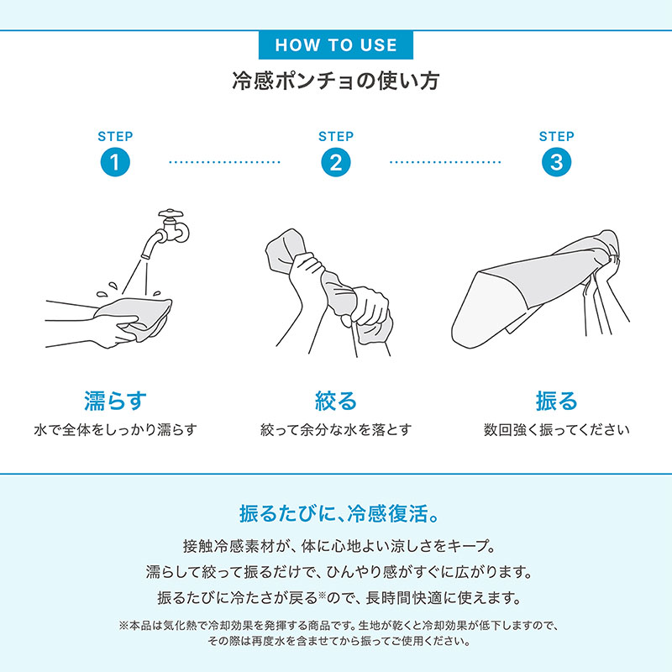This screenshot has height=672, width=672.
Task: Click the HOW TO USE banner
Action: click(x=335, y=45)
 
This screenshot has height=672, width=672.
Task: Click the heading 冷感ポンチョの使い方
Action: click(x=335, y=81)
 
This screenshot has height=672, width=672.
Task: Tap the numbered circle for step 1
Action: click(x=115, y=162)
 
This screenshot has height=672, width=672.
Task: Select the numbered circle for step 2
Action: click(x=336, y=162)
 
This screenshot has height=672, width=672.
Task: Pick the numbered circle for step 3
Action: click(x=556, y=162)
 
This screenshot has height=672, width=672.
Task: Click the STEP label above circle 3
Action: click(x=556, y=136)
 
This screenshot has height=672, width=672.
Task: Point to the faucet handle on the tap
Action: click(x=171, y=213)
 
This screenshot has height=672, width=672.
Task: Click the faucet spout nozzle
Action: click(x=145, y=256)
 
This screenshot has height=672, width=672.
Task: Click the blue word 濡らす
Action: click(x=115, y=401)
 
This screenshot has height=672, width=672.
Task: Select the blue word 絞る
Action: click(x=336, y=401)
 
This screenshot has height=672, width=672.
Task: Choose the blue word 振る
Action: click(x=556, y=401)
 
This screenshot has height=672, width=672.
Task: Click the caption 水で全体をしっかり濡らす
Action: click(x=115, y=429)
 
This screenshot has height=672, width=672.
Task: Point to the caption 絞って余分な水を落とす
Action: click(x=336, y=429)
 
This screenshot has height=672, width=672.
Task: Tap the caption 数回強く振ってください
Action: click(x=556, y=429)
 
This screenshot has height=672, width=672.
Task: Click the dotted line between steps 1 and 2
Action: click(x=224, y=162)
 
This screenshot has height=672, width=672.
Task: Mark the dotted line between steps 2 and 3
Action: click(x=445, y=162)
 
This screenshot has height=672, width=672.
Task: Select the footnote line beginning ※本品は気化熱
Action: click(x=339, y=626)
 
